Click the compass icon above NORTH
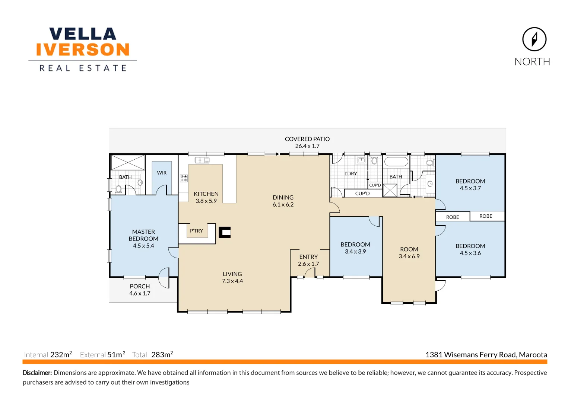point(534,39)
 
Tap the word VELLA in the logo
point(83,34)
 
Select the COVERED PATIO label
point(307,139)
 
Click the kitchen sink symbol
point(202,160)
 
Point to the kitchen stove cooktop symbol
point(184,178)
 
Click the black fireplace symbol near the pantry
point(225,233)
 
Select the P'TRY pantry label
point(196,231)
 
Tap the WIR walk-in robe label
point(162,173)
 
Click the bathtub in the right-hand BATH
point(396,162)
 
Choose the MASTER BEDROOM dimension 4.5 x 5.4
point(143,246)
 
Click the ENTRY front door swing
point(310,273)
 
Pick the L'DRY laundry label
point(350,173)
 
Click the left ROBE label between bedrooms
point(453,217)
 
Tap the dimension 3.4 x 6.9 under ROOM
point(409,256)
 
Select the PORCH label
point(140,286)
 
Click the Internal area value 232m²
point(61,355)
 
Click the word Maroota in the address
point(533,355)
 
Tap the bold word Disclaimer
point(37,373)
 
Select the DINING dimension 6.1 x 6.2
point(283,204)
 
